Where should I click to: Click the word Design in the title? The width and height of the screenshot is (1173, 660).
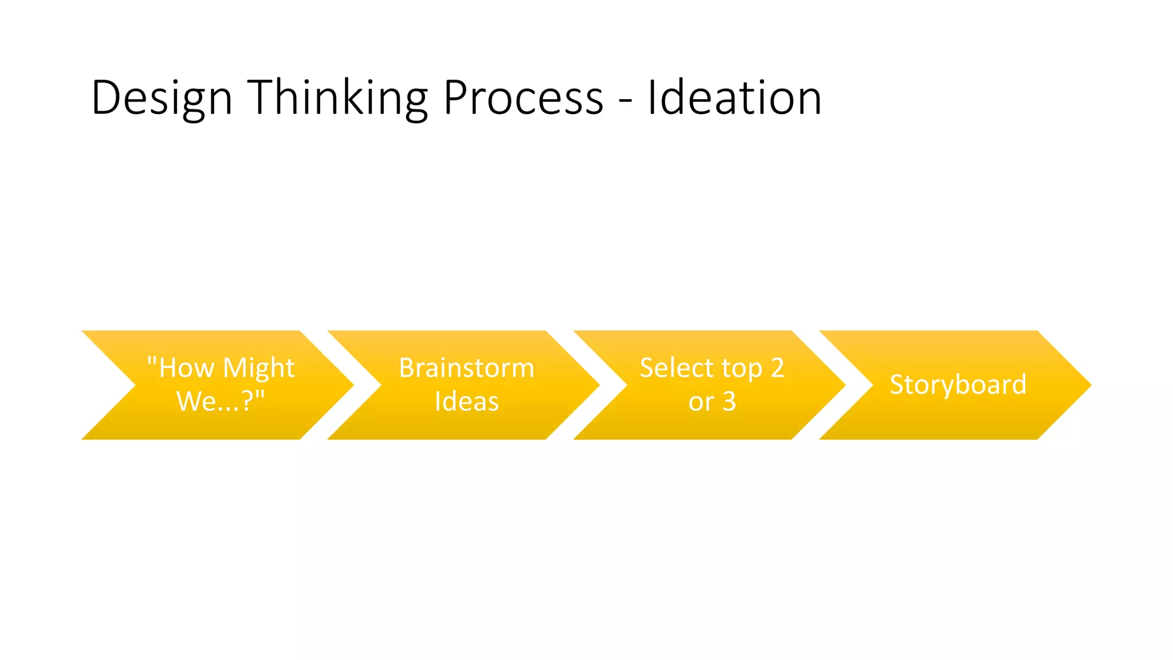click(162, 99)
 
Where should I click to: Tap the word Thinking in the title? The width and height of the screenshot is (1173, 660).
click(337, 99)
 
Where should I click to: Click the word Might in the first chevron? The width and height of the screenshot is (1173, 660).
click(258, 368)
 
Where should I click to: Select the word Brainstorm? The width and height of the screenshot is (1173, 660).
click(466, 368)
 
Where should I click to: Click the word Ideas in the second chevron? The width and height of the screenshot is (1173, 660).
click(466, 401)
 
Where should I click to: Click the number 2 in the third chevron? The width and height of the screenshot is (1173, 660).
click(777, 368)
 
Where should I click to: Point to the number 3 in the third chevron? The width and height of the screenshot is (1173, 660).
click(729, 402)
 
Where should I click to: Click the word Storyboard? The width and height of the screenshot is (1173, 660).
click(958, 384)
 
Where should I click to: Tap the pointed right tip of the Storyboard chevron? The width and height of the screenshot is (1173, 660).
click(1088, 385)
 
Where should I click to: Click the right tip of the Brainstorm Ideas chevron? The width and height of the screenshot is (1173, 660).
click(596, 385)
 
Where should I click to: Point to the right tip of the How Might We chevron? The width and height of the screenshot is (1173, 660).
click(350, 385)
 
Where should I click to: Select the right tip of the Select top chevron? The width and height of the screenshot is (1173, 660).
click(841, 385)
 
